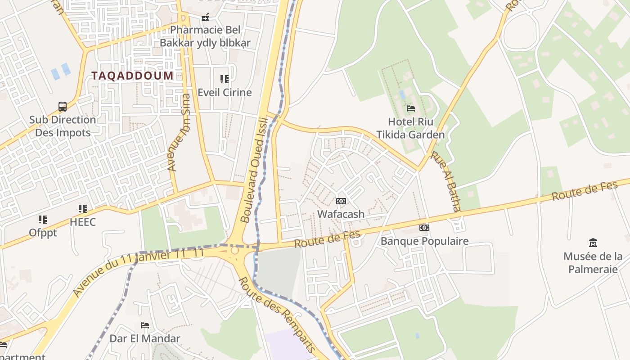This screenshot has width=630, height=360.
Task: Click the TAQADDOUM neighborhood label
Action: pyautogui.click(x=133, y=76)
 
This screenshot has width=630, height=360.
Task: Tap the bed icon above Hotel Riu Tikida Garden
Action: pyautogui.click(x=411, y=108)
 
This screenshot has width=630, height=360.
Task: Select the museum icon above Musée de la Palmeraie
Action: pyautogui.click(x=593, y=243)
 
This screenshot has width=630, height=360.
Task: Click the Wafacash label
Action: pyautogui.click(x=341, y=214)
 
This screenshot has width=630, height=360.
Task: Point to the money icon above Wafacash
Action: pyautogui.click(x=341, y=201)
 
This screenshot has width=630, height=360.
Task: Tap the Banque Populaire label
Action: pyautogui.click(x=424, y=241)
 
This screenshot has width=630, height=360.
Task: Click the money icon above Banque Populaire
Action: pyautogui.click(x=424, y=228)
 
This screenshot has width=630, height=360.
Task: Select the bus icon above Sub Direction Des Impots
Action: pyautogui.click(x=63, y=107)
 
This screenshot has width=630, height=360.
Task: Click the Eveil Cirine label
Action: pyautogui.click(x=225, y=93)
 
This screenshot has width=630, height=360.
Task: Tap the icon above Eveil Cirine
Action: pyautogui.click(x=225, y=79)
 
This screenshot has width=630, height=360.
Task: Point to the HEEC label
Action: pyautogui.click(x=83, y=222)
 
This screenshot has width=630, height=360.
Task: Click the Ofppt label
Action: pyautogui.click(x=43, y=233)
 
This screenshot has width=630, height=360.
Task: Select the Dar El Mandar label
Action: pyautogui.click(x=145, y=338)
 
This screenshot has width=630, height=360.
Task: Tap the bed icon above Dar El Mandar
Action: pyautogui.click(x=145, y=325)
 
